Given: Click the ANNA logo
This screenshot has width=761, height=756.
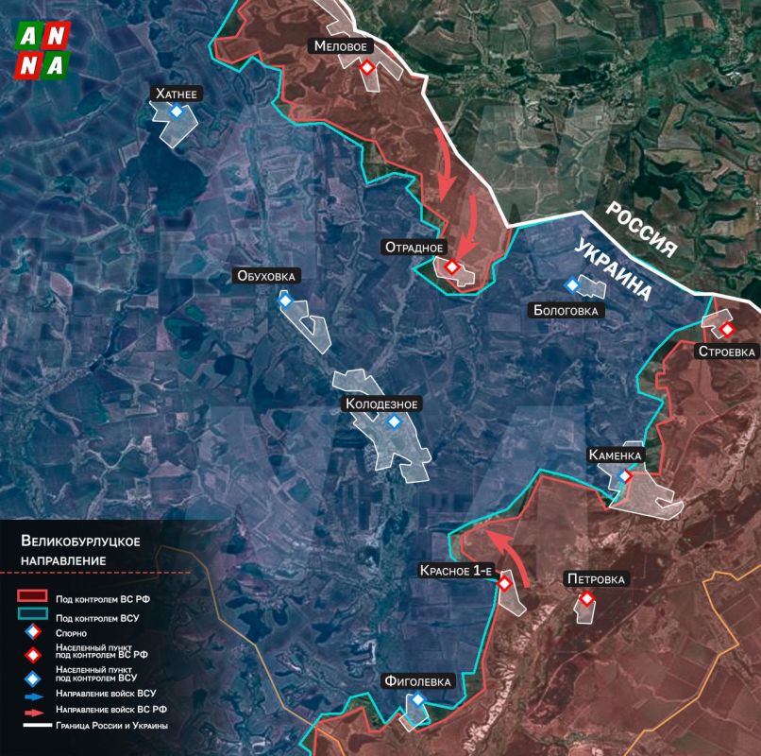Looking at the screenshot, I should [43, 50].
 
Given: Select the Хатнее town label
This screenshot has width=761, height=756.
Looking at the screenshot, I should [177, 94].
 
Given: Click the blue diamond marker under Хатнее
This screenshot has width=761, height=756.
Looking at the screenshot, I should [177, 112].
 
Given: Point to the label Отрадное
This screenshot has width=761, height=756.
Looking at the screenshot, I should [414, 248].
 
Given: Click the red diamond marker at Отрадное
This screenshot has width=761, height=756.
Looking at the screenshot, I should [452, 266].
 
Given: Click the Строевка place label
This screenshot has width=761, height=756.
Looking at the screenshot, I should [726, 352].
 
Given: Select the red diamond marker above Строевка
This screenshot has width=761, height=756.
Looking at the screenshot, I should [728, 329].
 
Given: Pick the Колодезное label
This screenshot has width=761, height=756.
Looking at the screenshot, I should [380, 404].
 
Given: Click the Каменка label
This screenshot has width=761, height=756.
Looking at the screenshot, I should [616, 455].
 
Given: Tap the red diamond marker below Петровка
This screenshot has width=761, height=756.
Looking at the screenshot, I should [586, 598].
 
